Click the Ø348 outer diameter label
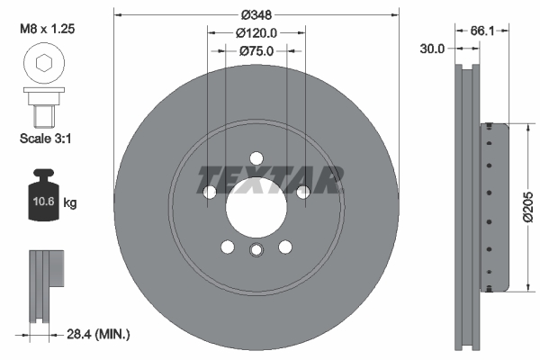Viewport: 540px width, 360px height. coord(256,14)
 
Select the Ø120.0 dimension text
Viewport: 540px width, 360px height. coord(256,33)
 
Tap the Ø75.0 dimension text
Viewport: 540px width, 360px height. coord(256,51)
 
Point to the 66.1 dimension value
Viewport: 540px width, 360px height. coord(482,31)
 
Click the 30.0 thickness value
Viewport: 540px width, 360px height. coord(432,49)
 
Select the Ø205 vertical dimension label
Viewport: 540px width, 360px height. coord(528,207)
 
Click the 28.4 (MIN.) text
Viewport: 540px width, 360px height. coord(98,334)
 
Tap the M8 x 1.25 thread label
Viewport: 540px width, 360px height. coord(47,29)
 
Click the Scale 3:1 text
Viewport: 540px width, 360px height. coord(46,139)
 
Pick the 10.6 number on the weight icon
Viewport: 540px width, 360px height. coord(43,201)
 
